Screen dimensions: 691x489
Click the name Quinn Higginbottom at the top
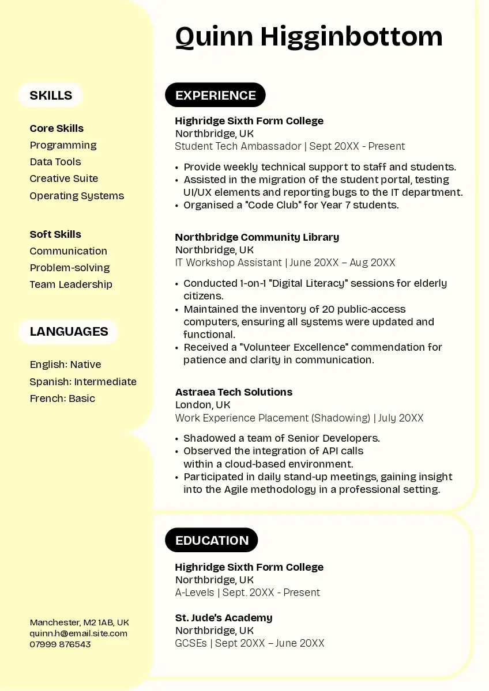tap(309, 37)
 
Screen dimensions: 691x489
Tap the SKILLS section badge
tap(51, 96)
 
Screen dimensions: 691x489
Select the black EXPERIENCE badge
tap(215, 96)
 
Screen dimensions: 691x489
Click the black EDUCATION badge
tap(212, 540)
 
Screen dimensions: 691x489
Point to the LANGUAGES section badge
tap(69, 331)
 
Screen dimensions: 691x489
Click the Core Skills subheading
tap(57, 128)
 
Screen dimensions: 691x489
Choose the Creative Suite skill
tap(64, 179)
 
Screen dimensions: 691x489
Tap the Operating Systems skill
tap(77, 196)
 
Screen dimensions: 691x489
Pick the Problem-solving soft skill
tap(70, 268)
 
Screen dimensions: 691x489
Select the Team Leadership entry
tap(71, 284)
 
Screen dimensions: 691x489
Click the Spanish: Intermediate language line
tap(83, 382)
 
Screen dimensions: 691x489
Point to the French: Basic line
tap(62, 398)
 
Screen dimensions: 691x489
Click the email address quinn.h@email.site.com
tap(78, 633)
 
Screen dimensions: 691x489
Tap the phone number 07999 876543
tap(60, 644)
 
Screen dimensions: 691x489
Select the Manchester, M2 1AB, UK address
tap(80, 622)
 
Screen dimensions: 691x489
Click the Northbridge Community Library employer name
tap(257, 237)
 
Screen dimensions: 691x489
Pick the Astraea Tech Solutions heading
tap(234, 392)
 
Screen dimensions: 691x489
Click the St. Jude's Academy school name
tap(224, 618)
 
